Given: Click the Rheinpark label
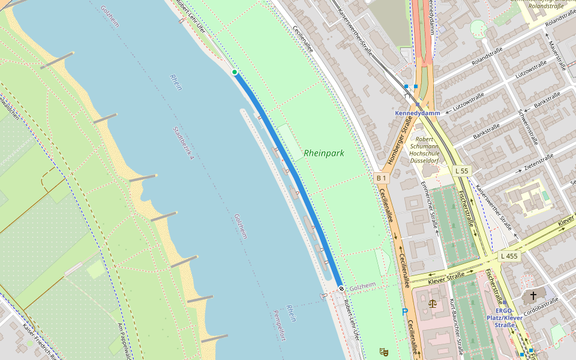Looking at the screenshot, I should coord(324,153).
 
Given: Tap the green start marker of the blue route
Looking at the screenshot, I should coord(235,72).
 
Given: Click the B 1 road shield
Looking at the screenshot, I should coord(382,178).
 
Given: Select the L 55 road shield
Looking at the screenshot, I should coord(461,171).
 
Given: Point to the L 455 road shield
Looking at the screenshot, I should coord(508,256).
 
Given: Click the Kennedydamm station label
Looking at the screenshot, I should coord(418,113).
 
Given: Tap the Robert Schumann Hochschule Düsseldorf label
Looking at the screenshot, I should coord(424,150).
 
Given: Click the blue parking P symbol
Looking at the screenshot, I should coord(404,311).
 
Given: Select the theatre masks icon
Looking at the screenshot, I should coord(383,352).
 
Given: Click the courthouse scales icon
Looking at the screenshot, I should coord(433,303).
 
